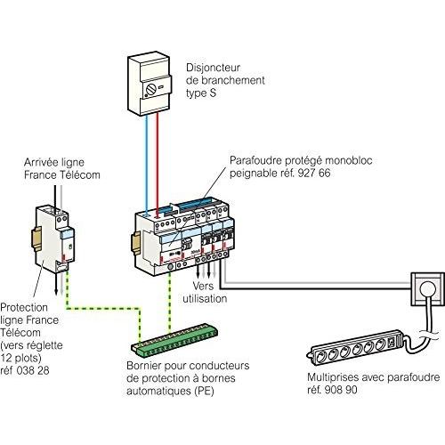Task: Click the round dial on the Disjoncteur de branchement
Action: click(150, 89)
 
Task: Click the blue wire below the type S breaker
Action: click(147, 165)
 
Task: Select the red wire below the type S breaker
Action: click(158, 164)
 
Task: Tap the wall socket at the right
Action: click(427, 289)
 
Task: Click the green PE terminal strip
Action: click(174, 341)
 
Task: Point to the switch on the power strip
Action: click(392, 343)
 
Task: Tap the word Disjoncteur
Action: click(213, 68)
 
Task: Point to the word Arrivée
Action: click(41, 162)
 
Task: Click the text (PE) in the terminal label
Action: click(204, 391)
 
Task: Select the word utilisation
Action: click(205, 298)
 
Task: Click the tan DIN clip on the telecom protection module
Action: click(36, 239)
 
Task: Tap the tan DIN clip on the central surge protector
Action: click(135, 242)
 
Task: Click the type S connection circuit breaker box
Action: click(150, 85)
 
